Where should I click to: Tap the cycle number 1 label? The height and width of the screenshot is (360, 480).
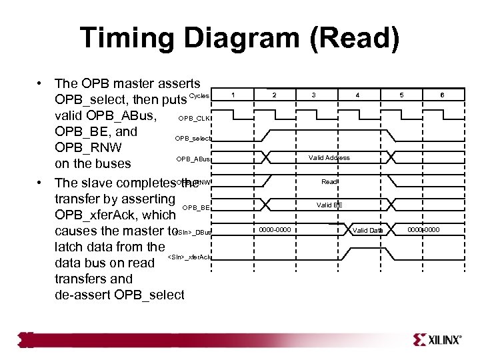231,95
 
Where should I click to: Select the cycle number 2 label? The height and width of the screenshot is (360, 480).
274,95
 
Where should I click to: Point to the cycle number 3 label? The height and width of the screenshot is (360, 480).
314,95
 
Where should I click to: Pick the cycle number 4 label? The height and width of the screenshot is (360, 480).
357,95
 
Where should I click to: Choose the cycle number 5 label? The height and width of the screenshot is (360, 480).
401,95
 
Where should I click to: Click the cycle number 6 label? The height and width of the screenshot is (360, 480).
442,95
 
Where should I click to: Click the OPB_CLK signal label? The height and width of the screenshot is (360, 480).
196,118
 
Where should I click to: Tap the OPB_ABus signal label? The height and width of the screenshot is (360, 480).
194,159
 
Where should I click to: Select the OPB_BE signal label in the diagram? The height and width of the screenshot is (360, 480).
197,207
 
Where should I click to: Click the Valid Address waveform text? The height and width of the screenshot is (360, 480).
329,158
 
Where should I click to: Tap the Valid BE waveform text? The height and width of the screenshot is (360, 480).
329,205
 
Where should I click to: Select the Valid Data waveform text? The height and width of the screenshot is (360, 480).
368,230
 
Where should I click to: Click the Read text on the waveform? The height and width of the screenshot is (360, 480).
329,181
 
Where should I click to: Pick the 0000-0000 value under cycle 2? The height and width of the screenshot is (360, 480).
275,230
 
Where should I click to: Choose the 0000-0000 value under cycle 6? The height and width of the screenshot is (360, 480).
425,230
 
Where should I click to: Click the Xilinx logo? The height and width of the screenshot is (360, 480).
437,339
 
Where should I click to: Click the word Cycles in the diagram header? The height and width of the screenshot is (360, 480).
199,96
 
